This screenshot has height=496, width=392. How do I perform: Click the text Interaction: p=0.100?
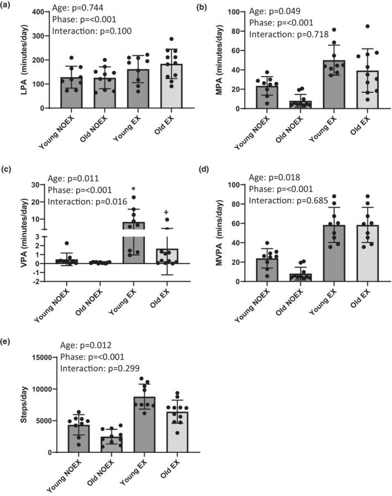click(x=88, y=31)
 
